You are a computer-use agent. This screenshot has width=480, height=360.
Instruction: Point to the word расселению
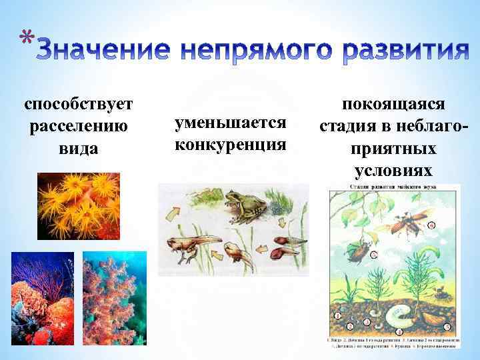click(x=79, y=125)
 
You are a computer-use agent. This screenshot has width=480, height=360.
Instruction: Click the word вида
click(x=79, y=147)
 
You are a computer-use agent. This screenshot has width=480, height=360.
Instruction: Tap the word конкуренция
click(x=229, y=144)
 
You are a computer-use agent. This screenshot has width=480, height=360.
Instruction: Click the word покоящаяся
click(x=395, y=105)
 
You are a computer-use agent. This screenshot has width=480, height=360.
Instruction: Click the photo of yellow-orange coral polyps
click(x=79, y=205)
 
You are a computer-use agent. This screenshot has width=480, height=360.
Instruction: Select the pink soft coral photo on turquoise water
click(x=114, y=298)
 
